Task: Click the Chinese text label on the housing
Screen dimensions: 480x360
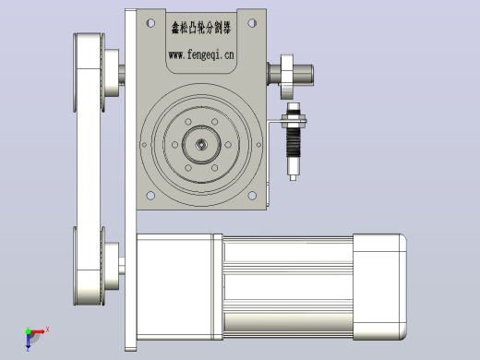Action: pyautogui.click(x=201, y=28)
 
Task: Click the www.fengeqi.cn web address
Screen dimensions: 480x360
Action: pyautogui.click(x=201, y=54)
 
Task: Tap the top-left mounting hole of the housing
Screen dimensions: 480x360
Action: pyautogui.click(x=150, y=23)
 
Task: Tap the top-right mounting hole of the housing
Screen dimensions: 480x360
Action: pyautogui.click(x=252, y=23)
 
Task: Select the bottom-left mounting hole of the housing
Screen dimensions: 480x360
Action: pyautogui.click(x=150, y=196)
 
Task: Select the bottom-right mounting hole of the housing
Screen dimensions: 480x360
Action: pyautogui.click(x=252, y=196)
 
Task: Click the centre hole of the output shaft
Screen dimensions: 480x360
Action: pyautogui.click(x=201, y=144)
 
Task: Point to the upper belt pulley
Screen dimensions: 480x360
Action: pyautogui.click(x=90, y=72)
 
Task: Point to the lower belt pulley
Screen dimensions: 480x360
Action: pyautogui.click(x=90, y=266)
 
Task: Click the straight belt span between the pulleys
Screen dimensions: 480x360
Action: pyautogui.click(x=89, y=169)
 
